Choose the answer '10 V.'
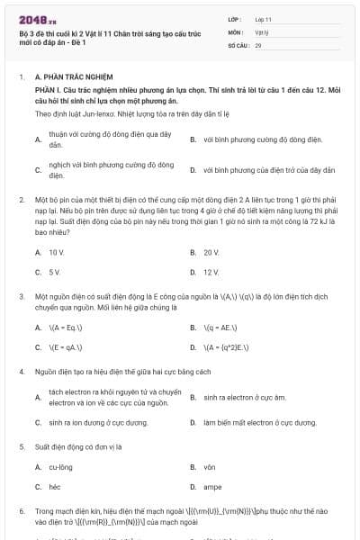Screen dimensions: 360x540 (x=57, y=253)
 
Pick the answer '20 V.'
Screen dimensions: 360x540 (x=211, y=253)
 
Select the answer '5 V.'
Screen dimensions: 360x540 (x=55, y=272)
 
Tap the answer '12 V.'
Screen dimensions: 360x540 (x=211, y=272)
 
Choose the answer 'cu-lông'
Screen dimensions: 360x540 (x=60, y=467)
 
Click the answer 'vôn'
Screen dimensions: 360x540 (x=210, y=467)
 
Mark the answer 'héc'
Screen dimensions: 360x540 (x=54, y=486)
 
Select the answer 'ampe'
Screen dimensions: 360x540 (x=212, y=486)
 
